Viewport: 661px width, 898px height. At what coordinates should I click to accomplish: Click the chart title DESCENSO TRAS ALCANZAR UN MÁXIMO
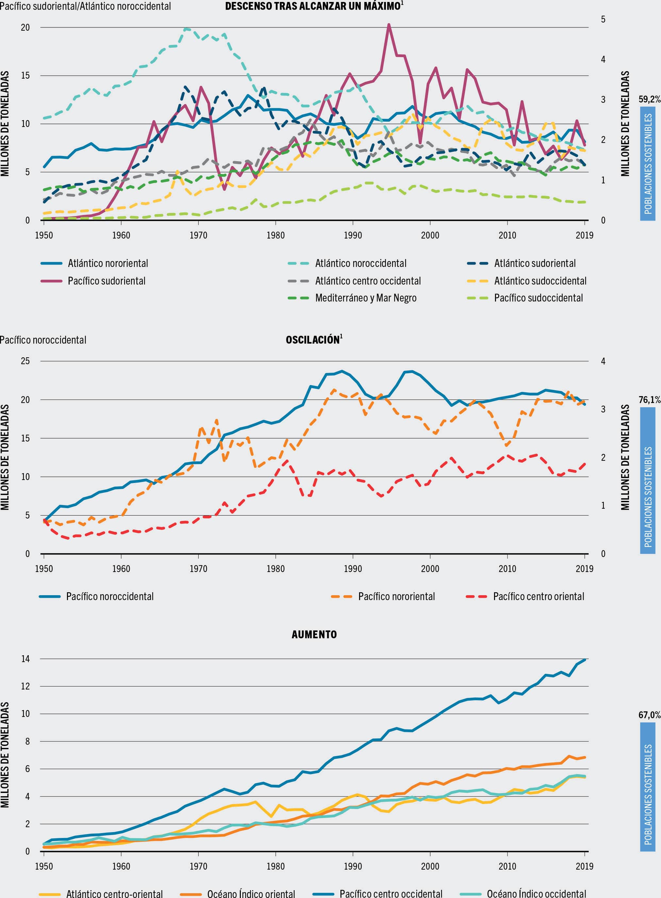pos(313,7)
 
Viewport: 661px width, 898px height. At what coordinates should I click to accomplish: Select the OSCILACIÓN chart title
pos(313,340)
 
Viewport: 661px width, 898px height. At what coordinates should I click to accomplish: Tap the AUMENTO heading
pos(314,634)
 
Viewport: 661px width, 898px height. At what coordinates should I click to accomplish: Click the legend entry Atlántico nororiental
pos(107,263)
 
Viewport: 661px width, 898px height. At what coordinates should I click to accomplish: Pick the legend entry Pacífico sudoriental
pos(107,281)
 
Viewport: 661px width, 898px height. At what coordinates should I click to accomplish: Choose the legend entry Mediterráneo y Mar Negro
pos(365,298)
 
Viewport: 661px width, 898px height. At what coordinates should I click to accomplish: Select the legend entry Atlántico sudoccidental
pos(540,281)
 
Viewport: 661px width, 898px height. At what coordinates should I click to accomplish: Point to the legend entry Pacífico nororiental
pos(396,597)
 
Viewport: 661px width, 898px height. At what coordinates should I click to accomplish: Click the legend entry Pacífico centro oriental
pos(538,597)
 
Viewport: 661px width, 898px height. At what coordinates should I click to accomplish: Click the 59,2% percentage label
pos(649,99)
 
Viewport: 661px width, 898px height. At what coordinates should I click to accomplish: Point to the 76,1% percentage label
pos(649,400)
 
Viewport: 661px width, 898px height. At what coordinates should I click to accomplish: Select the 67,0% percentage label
pos(649,715)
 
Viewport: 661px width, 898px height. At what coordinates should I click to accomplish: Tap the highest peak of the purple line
pos(388,25)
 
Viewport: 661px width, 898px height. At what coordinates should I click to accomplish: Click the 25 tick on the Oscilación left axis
pos(25,361)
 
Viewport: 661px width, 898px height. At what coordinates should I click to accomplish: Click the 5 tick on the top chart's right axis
pos(603,19)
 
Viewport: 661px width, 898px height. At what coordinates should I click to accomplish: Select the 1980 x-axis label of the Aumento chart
pos(275,866)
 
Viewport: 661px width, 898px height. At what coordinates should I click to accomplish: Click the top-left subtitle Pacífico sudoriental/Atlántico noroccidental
pos(85,7)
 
